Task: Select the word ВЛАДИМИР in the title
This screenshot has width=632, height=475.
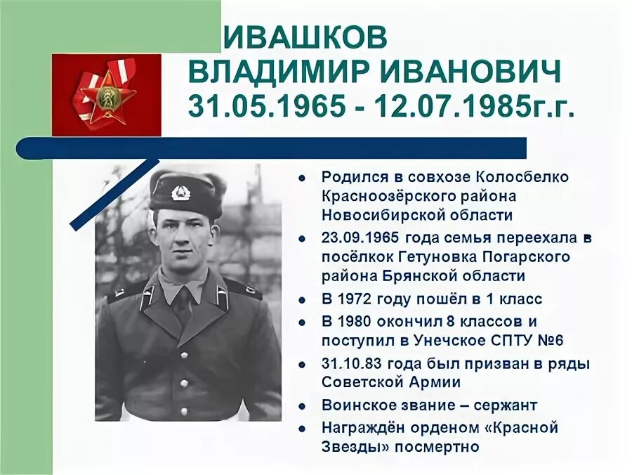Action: point(275,72)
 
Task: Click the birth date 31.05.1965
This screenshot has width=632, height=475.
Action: point(268,106)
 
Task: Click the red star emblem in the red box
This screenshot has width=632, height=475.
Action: point(107,95)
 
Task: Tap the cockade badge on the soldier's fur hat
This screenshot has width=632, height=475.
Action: point(180,192)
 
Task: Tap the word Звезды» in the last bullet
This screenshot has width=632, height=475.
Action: point(351,446)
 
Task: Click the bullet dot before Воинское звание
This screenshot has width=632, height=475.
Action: point(302,406)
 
